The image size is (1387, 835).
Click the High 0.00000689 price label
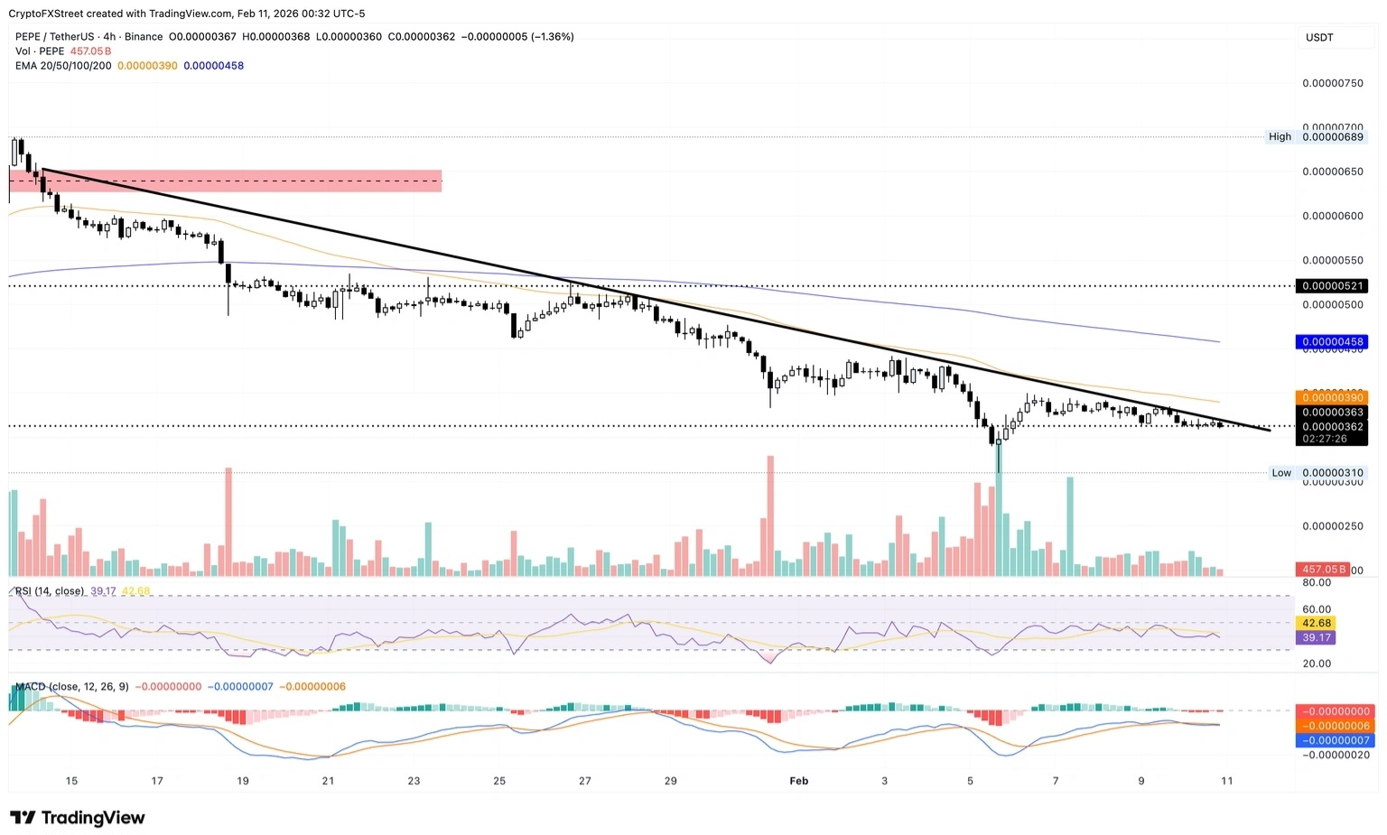[1332, 137]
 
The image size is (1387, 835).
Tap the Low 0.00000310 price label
[1332, 473]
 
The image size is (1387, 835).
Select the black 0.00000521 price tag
[1332, 286]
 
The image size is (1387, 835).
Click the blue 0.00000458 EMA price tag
[1332, 342]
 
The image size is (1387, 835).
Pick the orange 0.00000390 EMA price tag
[1332, 398]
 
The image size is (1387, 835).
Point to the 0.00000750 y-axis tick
[1332, 83]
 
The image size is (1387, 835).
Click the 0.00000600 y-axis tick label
[1332, 217]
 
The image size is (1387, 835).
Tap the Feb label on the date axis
[798, 781]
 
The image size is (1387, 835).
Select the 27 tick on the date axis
[585, 781]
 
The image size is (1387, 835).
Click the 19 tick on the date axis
[243, 781]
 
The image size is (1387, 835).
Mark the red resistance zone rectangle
[226, 181]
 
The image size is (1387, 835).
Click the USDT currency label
[1319, 37]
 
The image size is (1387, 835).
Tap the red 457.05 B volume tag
[1323, 570]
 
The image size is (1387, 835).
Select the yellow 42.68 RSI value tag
[1317, 623]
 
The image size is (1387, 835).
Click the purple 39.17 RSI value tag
[1317, 637]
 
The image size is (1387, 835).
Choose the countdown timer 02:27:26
[1324, 439]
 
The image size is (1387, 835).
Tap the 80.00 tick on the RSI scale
[1317, 583]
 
